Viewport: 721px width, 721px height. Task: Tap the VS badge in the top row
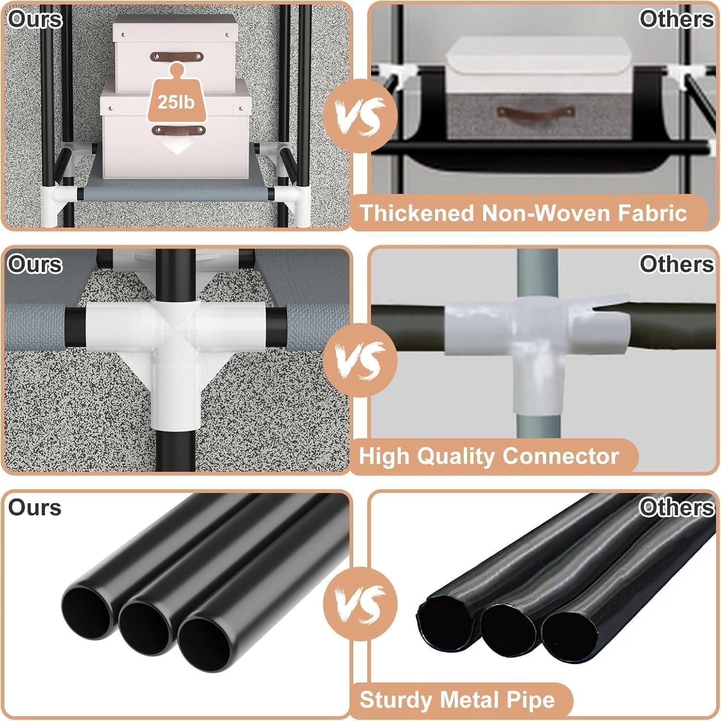coord(360,116)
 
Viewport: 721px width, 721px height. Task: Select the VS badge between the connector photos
coord(360,360)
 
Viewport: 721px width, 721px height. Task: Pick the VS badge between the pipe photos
coord(360,603)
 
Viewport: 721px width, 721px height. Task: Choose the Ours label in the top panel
coord(35,19)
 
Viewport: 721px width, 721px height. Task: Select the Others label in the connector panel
coord(677,263)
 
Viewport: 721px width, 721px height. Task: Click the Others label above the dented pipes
coord(677,507)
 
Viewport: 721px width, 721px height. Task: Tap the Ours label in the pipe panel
coord(35,508)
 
